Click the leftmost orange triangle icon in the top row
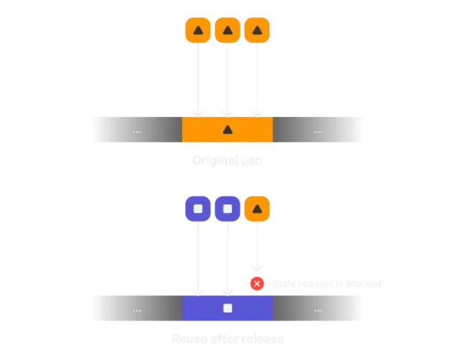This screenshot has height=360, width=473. click(198, 30)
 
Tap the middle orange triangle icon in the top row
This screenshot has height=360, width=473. click(227, 30)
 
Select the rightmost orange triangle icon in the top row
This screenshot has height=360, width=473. click(257, 30)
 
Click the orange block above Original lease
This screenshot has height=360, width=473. click(227, 129)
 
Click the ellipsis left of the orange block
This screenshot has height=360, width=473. click(137, 131)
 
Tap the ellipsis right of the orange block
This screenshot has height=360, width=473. click(318, 131)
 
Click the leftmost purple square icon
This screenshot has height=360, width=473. click(198, 209)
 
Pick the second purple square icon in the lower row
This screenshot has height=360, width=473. click(227, 209)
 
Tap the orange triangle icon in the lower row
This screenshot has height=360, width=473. click(257, 209)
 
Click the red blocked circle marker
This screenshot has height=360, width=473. click(257, 283)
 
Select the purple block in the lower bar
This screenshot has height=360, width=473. click(227, 308)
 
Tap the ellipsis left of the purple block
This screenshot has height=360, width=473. click(137, 309)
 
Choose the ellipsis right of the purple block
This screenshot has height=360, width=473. click(318, 309)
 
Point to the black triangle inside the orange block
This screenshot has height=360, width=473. click(227, 130)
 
